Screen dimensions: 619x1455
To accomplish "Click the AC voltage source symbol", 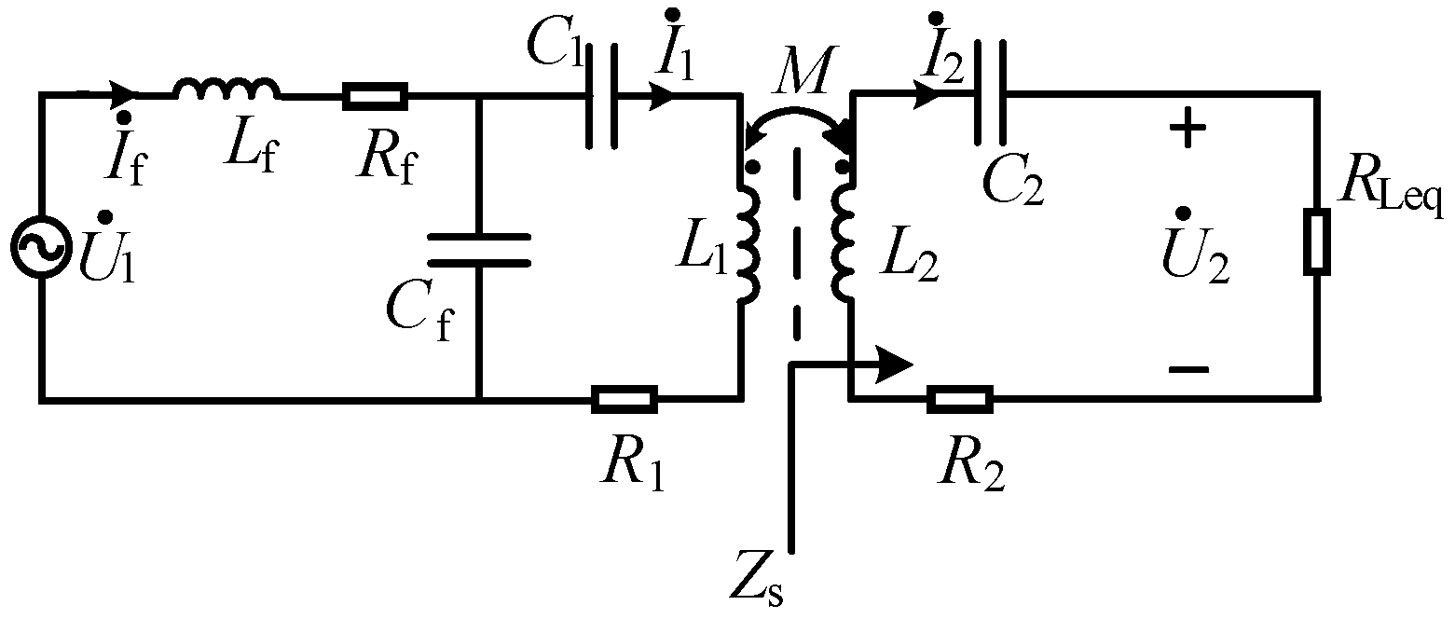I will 40,247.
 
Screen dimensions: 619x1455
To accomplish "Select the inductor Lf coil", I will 226,89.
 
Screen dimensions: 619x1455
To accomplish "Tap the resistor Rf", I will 375,95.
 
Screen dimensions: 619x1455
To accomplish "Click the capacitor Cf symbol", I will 478,249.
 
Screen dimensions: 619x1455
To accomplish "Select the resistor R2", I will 960,400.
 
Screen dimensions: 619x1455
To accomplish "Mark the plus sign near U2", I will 1186,131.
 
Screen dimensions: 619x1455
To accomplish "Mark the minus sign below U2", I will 1187,371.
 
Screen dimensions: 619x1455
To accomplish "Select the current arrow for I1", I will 664,94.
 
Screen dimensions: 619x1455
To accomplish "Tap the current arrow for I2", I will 927,93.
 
